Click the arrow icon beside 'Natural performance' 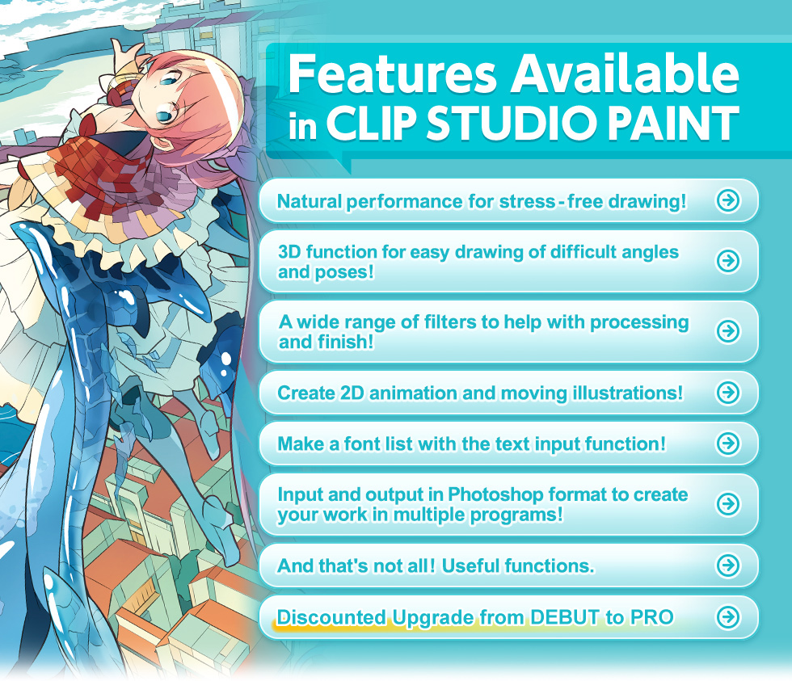pyautogui.click(x=728, y=200)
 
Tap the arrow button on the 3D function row pyautogui.click(x=728, y=261)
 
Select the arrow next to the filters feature pyautogui.click(x=728, y=331)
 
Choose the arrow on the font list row pyautogui.click(x=728, y=443)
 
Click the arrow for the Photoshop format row pyautogui.click(x=728, y=504)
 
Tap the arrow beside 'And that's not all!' pyautogui.click(x=728, y=565)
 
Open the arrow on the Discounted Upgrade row pyautogui.click(x=728, y=617)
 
